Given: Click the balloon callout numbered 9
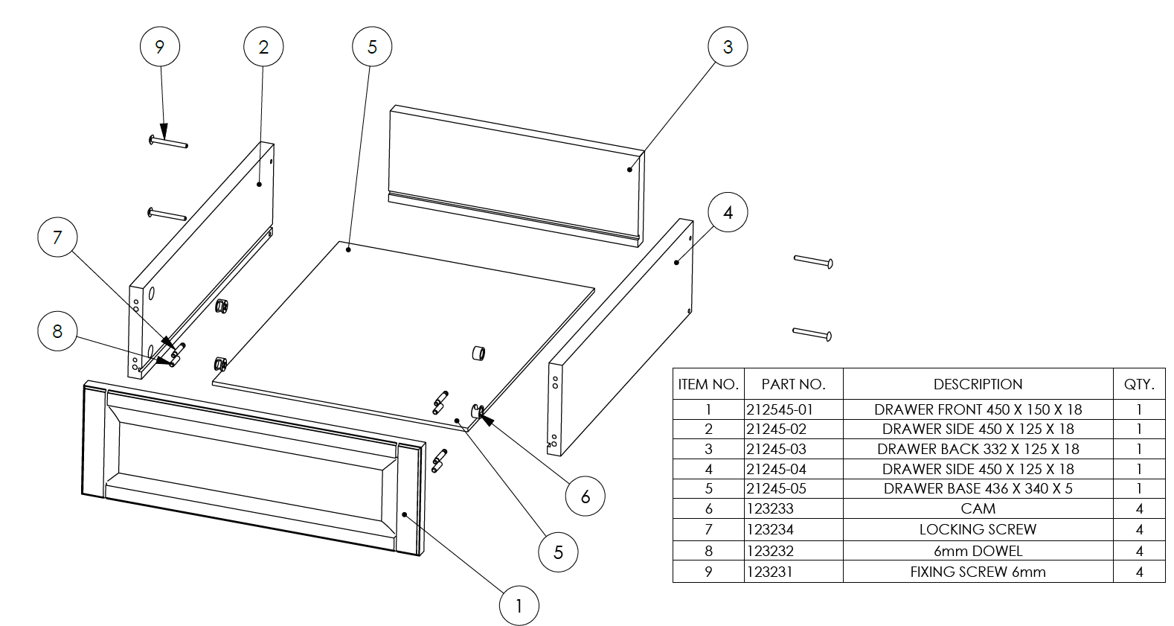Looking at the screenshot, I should point(159,47).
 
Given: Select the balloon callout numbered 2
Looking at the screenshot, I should point(263,47).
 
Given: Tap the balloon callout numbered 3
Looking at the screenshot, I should point(728,47).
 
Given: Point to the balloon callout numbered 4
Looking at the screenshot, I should point(728,213).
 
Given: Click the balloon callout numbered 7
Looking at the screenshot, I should point(57,237).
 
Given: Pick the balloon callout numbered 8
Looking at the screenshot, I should point(57,331).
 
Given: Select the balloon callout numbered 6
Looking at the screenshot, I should point(585,496).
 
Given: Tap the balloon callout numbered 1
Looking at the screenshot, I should point(519,606).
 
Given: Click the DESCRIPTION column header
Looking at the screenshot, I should point(978,384).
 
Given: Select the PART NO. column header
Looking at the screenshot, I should point(793,384).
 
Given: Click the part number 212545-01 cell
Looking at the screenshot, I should point(780,409).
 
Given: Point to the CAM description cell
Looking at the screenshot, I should point(978,509).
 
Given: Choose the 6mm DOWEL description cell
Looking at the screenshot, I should point(978,552).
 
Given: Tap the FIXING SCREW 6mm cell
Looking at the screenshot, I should point(978,572).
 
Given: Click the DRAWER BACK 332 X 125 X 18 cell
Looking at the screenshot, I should point(978,449).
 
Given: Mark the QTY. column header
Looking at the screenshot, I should point(1139,384).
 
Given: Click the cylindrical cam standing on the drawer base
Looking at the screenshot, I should point(478,352).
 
